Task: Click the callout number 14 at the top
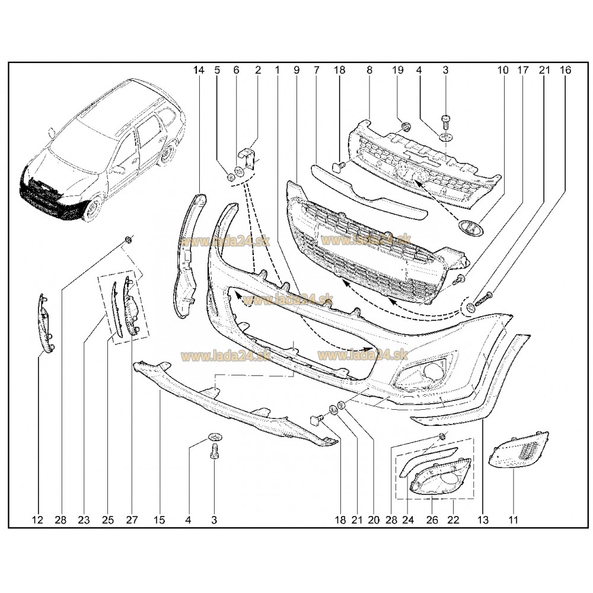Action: pyautogui.click(x=199, y=70)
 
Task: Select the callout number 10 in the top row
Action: pyautogui.click(x=503, y=70)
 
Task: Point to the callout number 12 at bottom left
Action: pyautogui.click(x=37, y=520)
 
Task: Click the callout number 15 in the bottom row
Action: pyautogui.click(x=159, y=520)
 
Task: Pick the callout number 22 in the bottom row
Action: pyautogui.click(x=453, y=520)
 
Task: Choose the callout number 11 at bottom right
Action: pyautogui.click(x=513, y=520)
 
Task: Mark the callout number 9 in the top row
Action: pyautogui.click(x=296, y=70)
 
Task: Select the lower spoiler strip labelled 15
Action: pyautogui.click(x=234, y=403)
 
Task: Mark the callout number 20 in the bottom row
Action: pyautogui.click(x=373, y=520)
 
